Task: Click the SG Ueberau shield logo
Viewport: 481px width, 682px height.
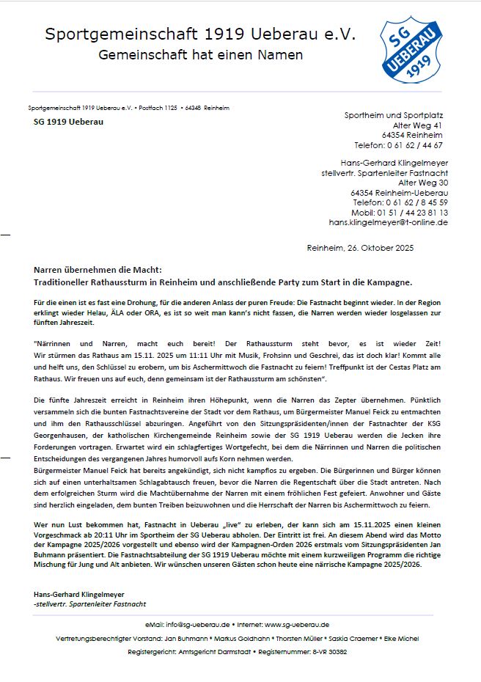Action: click(411, 51)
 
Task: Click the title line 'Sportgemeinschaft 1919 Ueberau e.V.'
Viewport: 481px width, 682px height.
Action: click(200, 34)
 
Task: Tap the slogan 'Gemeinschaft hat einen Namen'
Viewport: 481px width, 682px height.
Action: click(200, 55)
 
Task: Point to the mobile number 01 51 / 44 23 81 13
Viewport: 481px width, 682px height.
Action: click(411, 212)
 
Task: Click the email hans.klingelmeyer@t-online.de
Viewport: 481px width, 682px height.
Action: click(388, 221)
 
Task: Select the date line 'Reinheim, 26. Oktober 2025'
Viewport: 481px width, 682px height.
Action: click(360, 248)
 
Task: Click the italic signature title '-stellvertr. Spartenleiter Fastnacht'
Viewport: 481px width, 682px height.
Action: click(90, 604)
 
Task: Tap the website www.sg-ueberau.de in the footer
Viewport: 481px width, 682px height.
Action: click(296, 625)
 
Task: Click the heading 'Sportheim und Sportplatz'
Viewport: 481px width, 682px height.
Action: click(394, 116)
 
